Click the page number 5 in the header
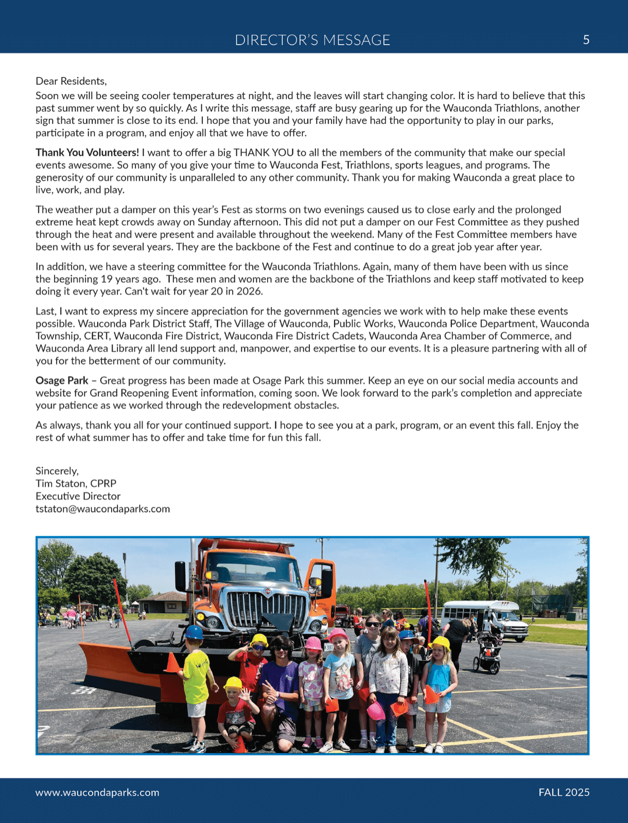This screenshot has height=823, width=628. (x=586, y=40)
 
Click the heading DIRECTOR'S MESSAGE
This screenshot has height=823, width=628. (x=312, y=40)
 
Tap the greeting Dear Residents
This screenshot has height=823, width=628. (x=71, y=81)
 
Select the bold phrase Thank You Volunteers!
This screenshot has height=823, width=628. (x=87, y=153)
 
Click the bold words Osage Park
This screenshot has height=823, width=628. (x=62, y=381)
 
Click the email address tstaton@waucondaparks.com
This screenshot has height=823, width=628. (x=102, y=509)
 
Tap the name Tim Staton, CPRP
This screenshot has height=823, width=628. (x=76, y=484)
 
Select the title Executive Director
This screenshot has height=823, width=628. (x=78, y=496)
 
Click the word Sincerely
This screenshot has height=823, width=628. (x=57, y=471)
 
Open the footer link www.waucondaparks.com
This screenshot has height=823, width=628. (x=97, y=793)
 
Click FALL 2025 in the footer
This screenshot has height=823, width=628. (x=564, y=793)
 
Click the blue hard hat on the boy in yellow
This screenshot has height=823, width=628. (x=194, y=632)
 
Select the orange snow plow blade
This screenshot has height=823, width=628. (x=118, y=669)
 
